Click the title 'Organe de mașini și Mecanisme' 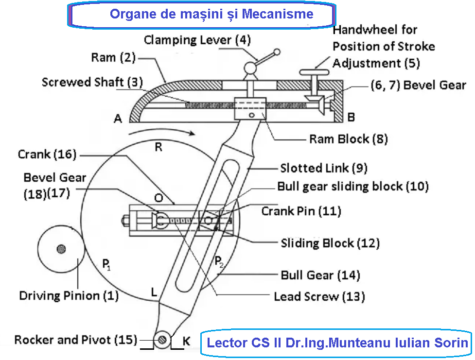(211, 14)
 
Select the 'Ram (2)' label (113, 58)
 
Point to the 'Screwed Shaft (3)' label (89, 82)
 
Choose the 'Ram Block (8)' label (349, 139)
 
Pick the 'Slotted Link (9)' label (324, 168)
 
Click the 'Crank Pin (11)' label (301, 211)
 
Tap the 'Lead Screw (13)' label (319, 296)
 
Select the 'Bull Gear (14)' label (320, 275)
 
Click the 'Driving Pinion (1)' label (69, 295)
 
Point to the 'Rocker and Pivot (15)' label (75, 340)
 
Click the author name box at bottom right (336, 343)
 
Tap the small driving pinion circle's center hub (61, 249)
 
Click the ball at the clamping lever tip (277, 51)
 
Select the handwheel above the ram (315, 72)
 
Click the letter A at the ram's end (118, 118)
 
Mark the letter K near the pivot (186, 341)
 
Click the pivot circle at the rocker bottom (163, 339)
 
